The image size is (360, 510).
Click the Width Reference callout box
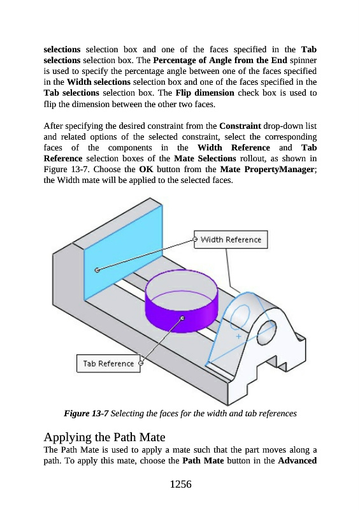point(231,240)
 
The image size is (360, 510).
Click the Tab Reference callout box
point(108,363)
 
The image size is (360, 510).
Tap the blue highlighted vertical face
point(123,252)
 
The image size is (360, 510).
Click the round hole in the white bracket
point(266,332)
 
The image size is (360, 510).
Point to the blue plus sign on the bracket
point(238,337)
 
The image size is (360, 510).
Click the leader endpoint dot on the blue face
point(97,270)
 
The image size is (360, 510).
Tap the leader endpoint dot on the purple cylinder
point(182,317)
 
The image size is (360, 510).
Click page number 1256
point(180,484)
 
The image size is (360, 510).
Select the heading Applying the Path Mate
point(104,437)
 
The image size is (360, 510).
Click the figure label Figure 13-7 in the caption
point(86,413)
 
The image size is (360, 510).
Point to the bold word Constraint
point(240,126)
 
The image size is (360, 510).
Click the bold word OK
point(146,170)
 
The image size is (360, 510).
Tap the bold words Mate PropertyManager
point(267,170)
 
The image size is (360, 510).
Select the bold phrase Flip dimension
point(205,93)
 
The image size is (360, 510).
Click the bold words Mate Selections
point(205,158)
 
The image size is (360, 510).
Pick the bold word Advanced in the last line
point(297,460)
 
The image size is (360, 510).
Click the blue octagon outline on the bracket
point(240,316)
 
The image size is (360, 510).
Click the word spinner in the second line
point(303,61)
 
